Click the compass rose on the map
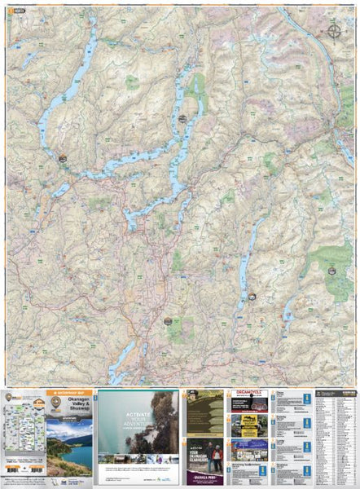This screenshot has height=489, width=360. [335, 31]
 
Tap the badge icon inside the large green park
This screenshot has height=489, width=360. [331, 270]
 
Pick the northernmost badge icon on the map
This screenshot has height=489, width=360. [181, 119]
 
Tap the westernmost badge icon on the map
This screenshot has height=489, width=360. [63, 157]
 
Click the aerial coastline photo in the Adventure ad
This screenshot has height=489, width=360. [155, 421]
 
